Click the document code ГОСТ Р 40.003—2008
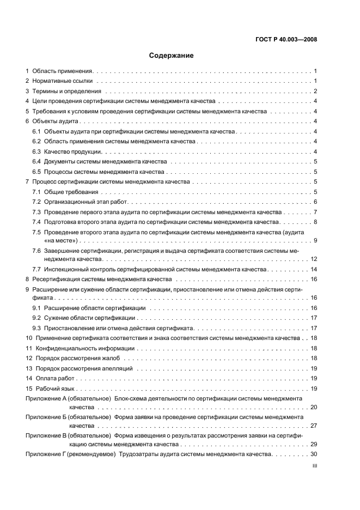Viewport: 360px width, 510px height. pyautogui.click(x=286, y=40)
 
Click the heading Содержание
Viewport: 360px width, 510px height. pyautogui.click(x=172, y=56)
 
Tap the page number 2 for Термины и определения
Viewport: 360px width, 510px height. pyautogui.click(x=315, y=91)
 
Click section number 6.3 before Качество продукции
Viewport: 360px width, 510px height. pyautogui.click(x=36, y=151)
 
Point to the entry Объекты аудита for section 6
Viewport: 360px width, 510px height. pyautogui.click(x=56, y=122)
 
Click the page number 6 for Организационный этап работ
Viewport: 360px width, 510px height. pyautogui.click(x=315, y=202)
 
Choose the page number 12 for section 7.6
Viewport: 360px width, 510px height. pyautogui.click(x=314, y=259)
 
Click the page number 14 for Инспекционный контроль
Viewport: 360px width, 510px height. pyautogui.click(x=314, y=269)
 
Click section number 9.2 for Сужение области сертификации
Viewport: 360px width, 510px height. pyautogui.click(x=36, y=318)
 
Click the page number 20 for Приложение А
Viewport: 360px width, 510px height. pyautogui.click(x=314, y=407)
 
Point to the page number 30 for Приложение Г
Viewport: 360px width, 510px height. pyautogui.click(x=314, y=454)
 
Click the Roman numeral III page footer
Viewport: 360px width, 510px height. pyautogui.click(x=314, y=466)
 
